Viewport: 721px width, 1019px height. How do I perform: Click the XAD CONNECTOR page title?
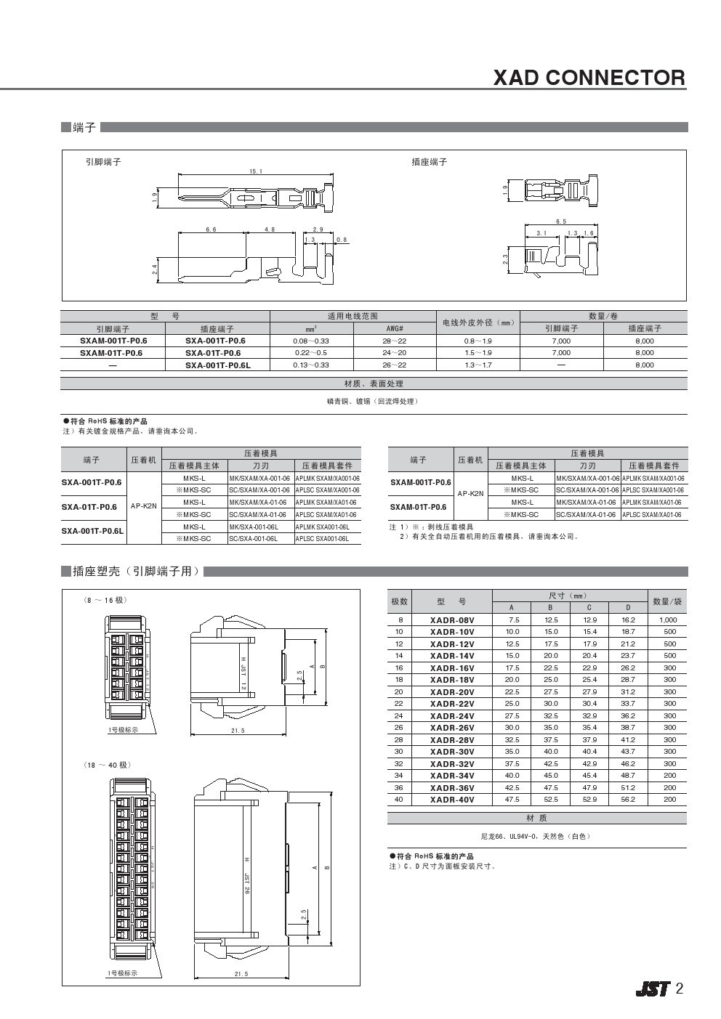coord(589,78)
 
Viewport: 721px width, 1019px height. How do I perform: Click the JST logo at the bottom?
coord(652,989)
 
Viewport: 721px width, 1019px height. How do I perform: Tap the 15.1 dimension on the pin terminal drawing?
coord(255,171)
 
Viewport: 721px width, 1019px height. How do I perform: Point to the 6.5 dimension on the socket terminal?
coord(560,222)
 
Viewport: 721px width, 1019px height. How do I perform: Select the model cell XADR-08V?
coord(451,620)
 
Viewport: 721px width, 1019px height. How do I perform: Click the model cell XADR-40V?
coord(451,800)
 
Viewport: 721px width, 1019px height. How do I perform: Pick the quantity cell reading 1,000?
coord(667,620)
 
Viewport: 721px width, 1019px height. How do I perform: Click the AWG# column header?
coord(395,329)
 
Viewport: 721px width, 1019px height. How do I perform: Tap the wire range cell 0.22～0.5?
coord(311,353)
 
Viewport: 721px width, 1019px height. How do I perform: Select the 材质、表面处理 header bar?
coord(374,383)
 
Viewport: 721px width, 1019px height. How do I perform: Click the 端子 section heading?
coord(84,128)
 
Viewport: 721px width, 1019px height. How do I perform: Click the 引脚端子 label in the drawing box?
coord(104,162)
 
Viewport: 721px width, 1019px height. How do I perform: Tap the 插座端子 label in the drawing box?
coord(429,162)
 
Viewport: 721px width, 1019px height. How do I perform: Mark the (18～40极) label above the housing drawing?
coord(108,766)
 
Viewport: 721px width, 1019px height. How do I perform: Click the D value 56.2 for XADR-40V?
coord(628,800)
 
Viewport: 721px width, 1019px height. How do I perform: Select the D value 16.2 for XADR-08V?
coord(628,620)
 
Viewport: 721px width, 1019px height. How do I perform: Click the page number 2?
coord(680,988)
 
